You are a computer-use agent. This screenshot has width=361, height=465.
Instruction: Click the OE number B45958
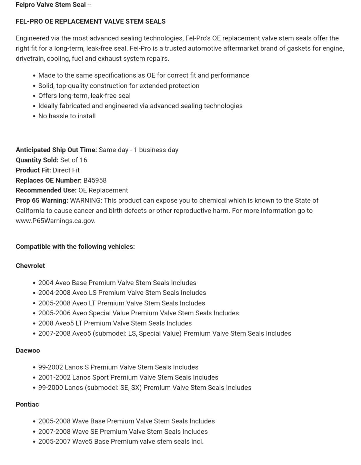(95, 180)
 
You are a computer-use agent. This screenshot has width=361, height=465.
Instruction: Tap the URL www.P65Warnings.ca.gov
(55, 221)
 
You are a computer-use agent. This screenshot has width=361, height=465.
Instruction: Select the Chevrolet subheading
(30, 266)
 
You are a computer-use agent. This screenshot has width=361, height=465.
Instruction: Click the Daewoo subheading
(28, 350)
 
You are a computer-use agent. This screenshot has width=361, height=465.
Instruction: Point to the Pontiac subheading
(27, 404)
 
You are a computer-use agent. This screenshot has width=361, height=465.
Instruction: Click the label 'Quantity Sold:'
(37, 160)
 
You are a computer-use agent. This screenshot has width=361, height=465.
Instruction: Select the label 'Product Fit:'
(33, 170)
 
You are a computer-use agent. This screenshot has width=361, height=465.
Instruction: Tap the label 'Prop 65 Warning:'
(42, 201)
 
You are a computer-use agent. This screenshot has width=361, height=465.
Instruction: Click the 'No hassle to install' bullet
(67, 116)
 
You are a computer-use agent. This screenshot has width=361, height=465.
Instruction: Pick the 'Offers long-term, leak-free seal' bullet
(84, 96)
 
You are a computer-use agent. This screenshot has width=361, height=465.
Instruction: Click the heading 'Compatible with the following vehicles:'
(75, 246)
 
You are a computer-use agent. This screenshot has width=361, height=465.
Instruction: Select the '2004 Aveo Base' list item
(117, 283)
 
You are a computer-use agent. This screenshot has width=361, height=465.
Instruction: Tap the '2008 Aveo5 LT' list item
(115, 323)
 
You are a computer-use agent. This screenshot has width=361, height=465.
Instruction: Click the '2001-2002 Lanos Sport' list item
(128, 377)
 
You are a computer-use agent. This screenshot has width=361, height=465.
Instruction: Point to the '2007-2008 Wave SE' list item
(123, 431)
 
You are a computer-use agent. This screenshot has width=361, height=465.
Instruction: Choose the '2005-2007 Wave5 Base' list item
(121, 441)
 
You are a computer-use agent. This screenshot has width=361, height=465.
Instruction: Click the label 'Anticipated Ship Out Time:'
(56, 150)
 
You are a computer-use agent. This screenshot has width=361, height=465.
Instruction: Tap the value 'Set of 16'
(74, 160)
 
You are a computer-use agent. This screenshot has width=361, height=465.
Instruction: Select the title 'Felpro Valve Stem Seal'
(51, 5)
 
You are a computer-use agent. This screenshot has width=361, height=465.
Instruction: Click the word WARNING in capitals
(86, 201)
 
